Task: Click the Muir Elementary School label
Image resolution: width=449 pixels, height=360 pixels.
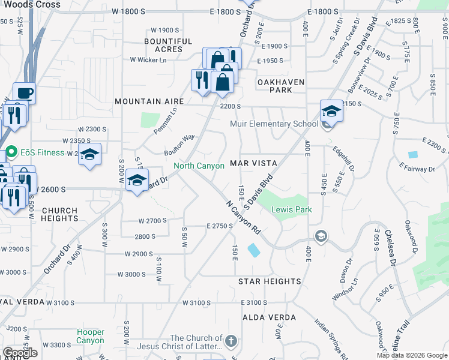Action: tap(274, 124)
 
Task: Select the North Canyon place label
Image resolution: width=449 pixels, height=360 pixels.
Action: tap(199, 166)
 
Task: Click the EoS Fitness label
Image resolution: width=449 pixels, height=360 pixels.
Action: tap(42, 152)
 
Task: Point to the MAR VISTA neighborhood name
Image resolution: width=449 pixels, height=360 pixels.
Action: tap(253, 163)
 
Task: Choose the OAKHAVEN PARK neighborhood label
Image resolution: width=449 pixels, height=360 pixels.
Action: tap(281, 86)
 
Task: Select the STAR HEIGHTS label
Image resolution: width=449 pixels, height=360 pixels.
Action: tap(270, 281)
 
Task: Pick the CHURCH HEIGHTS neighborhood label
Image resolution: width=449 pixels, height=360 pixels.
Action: tap(59, 215)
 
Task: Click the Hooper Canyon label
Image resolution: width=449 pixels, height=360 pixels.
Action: tap(90, 336)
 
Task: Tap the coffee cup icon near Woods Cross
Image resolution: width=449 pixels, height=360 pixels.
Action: tap(24, 94)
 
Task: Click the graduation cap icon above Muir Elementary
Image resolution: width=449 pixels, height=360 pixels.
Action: tap(331, 111)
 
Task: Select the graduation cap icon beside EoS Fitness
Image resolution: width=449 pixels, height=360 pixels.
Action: tap(89, 155)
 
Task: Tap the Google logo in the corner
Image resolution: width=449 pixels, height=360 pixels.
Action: tap(20, 353)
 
